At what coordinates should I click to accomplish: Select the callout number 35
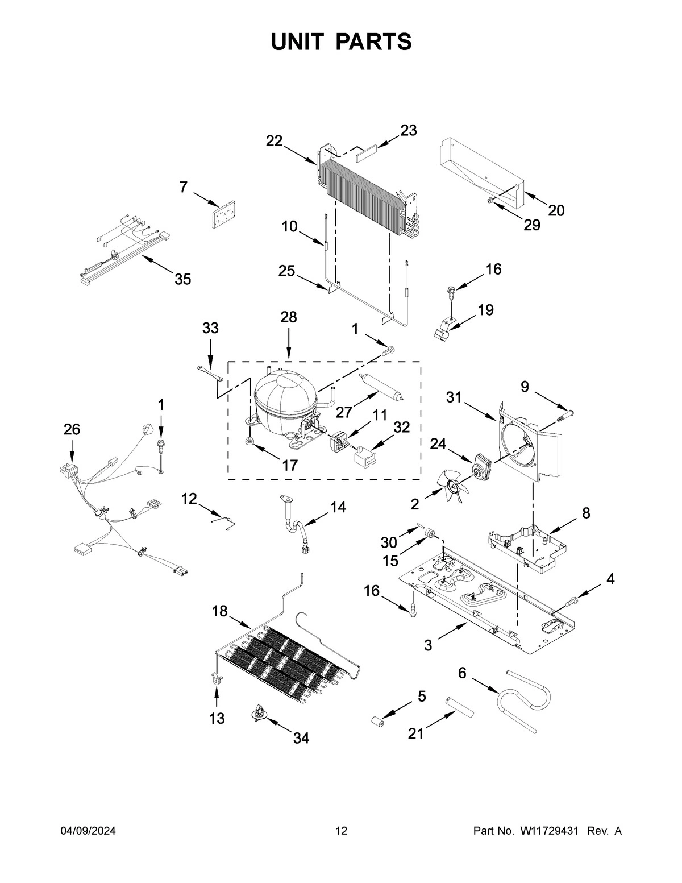coord(182,279)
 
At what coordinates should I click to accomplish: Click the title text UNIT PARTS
coord(341,42)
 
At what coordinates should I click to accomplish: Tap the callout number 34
coord(301,738)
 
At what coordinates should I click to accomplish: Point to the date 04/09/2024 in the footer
coord(88,831)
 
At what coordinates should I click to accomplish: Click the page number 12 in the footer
coord(341,831)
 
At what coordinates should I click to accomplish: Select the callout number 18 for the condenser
coord(220,612)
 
